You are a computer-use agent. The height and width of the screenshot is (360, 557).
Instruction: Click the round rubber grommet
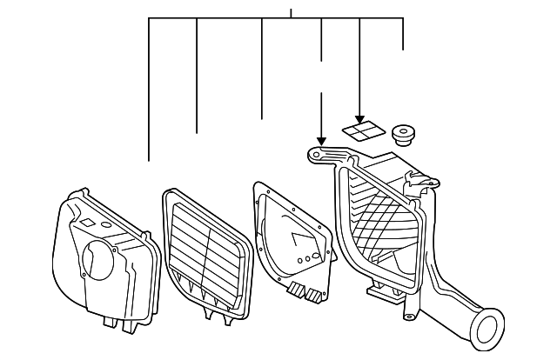click(x=403, y=134)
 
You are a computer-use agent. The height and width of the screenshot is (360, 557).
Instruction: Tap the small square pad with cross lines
click(x=363, y=131)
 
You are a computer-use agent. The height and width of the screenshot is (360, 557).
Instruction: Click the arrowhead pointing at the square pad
click(x=359, y=119)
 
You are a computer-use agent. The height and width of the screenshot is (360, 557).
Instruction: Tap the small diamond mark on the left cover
click(x=87, y=223)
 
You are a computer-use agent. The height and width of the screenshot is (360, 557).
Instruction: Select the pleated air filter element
click(x=207, y=253)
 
